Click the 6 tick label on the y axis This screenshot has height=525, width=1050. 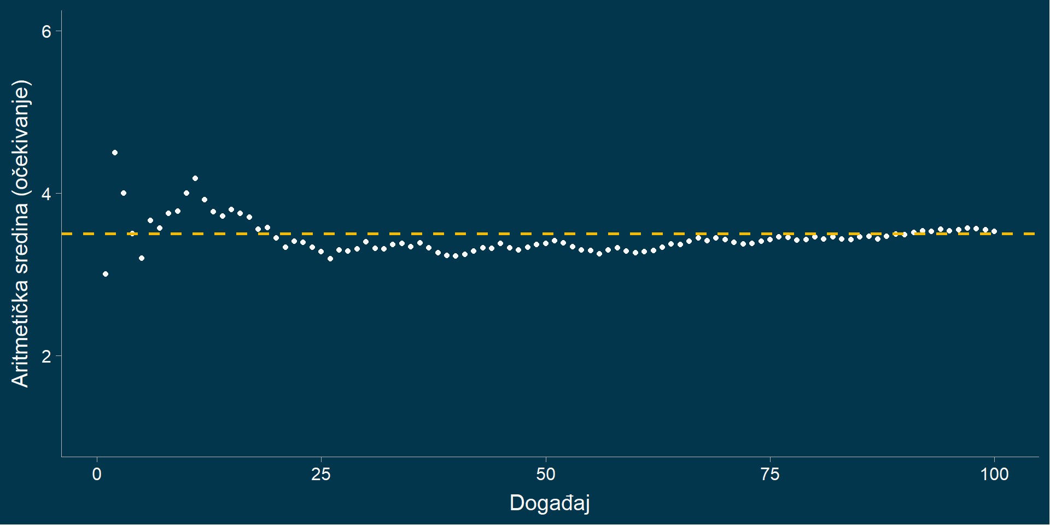[x=46, y=32]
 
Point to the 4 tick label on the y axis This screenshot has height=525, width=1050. [x=46, y=194]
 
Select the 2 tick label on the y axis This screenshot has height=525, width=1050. [x=46, y=356]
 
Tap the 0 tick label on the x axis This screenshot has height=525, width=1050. [x=97, y=474]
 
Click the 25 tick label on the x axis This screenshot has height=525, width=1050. [x=321, y=474]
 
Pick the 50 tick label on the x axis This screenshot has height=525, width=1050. [x=546, y=474]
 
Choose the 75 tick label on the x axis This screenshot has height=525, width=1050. [x=770, y=474]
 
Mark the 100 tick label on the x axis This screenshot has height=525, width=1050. [x=994, y=474]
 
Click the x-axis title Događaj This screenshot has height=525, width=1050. [x=550, y=503]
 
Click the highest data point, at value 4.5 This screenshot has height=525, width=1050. [x=115, y=153]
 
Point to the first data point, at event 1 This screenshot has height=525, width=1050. [x=106, y=274]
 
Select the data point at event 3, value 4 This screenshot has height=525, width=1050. [x=124, y=193]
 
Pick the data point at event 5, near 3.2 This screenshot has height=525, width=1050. [x=142, y=258]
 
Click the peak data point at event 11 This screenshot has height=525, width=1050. [x=195, y=178]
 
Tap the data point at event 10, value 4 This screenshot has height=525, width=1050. [x=186, y=193]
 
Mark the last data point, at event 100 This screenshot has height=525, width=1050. [x=994, y=231]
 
